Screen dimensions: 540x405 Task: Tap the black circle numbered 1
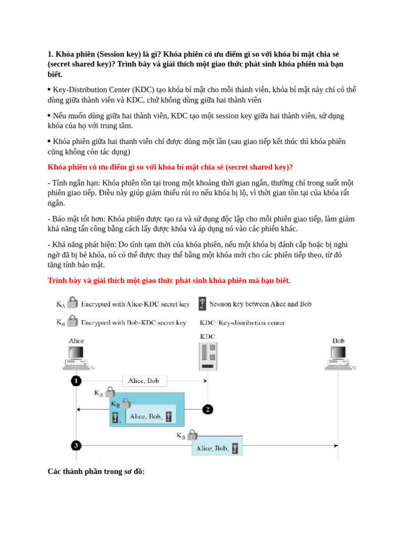(x=76, y=381)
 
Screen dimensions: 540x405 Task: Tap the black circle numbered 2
(x=208, y=409)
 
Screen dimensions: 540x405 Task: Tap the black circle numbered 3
(x=76, y=446)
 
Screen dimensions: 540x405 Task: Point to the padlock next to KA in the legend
(x=72, y=304)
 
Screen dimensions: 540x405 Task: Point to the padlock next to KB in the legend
(x=72, y=322)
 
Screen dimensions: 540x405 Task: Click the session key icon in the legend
(x=202, y=304)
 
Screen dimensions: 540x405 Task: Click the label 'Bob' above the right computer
(x=339, y=341)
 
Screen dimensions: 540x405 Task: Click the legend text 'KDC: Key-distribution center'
(x=242, y=323)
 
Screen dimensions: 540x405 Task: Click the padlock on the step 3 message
(x=192, y=435)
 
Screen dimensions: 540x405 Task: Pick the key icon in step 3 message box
(x=235, y=449)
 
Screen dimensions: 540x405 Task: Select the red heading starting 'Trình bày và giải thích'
(x=169, y=281)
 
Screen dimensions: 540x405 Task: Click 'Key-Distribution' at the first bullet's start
(x=78, y=90)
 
